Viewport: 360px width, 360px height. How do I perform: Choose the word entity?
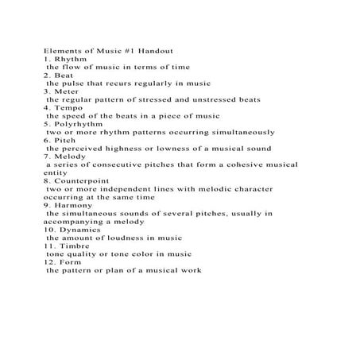(x=56, y=172)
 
